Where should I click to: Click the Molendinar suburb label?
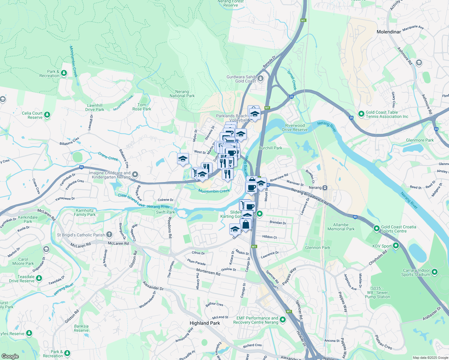(389, 32)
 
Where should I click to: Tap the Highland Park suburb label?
(205, 323)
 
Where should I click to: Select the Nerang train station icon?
(325, 188)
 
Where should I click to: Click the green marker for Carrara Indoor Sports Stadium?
(435, 272)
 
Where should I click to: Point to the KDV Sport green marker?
(396, 246)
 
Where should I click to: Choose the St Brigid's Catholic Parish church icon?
(109, 235)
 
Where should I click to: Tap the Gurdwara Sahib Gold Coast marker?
(260, 79)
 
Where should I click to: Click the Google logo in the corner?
(10, 356)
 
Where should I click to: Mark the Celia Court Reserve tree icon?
(47, 115)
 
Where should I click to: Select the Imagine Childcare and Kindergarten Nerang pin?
(135, 175)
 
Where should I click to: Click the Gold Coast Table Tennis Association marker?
(361, 114)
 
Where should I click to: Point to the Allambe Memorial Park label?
(341, 227)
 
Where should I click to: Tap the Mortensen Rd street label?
(208, 272)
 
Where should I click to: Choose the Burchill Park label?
(270, 148)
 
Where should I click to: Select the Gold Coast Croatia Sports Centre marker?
(376, 229)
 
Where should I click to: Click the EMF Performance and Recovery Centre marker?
(283, 320)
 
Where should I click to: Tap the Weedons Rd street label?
(170, 228)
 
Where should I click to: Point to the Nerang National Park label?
(182, 94)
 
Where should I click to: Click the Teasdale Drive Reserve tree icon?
(39, 279)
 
